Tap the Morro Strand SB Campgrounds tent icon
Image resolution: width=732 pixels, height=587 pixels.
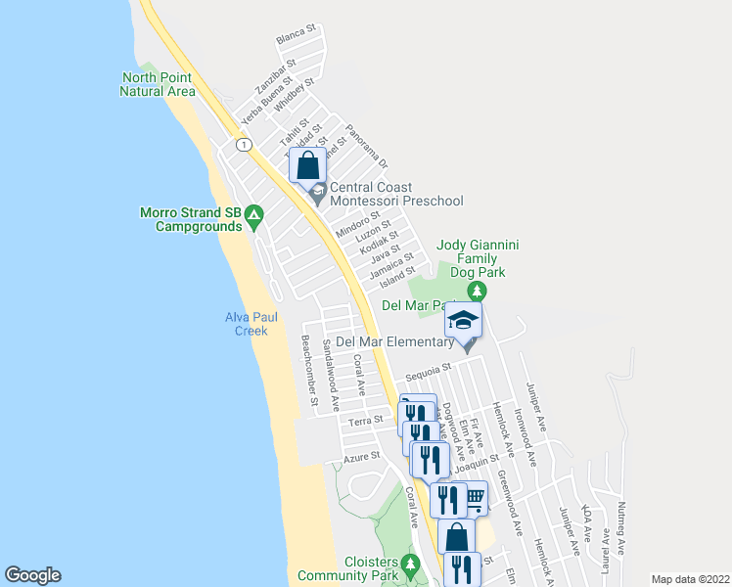(252, 212)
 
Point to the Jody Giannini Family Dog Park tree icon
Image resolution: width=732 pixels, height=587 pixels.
(477, 292)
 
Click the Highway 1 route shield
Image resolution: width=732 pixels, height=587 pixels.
(240, 144)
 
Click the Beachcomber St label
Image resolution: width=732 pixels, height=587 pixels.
(310, 371)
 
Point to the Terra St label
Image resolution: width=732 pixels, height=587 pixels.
(364, 422)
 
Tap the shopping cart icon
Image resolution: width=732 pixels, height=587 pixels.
(475, 497)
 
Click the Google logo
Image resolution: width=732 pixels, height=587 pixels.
(32, 575)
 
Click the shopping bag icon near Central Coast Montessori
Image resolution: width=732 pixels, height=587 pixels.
(308, 165)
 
